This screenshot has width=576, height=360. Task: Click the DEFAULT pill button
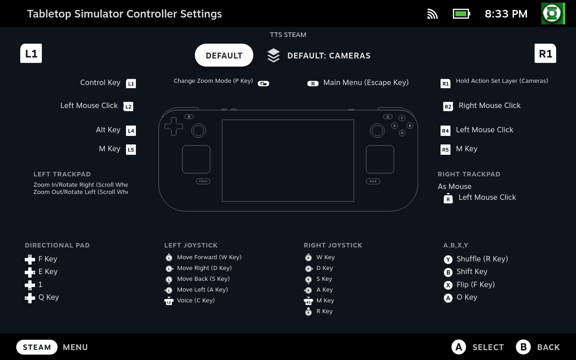coord(224,55)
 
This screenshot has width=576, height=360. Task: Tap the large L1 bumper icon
coord(31,54)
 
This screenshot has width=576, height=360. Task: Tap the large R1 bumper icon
coord(545,54)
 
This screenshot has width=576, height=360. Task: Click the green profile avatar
coord(553,13)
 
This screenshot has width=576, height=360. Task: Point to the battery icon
coord(461,13)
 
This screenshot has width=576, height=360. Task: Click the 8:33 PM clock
coord(506,14)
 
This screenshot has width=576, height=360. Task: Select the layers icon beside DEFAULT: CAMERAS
coord(273,55)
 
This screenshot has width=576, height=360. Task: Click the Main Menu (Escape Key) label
coord(366,82)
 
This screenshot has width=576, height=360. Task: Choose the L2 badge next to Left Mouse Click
coord(128,106)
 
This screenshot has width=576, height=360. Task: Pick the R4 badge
coord(445,130)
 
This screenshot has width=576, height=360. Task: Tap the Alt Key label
coord(108,130)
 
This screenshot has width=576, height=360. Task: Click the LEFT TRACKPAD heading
coord(62,174)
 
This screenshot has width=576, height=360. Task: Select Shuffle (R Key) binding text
coord(482,259)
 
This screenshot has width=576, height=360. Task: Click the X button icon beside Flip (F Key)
coord(448,285)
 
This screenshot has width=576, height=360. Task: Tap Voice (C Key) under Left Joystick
coord(196,300)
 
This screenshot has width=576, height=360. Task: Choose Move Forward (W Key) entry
coord(209,257)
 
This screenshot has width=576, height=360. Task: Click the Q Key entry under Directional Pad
coord(49,297)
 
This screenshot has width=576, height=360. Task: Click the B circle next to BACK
coord(523,347)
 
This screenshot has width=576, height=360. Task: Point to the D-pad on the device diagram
coord(174,126)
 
